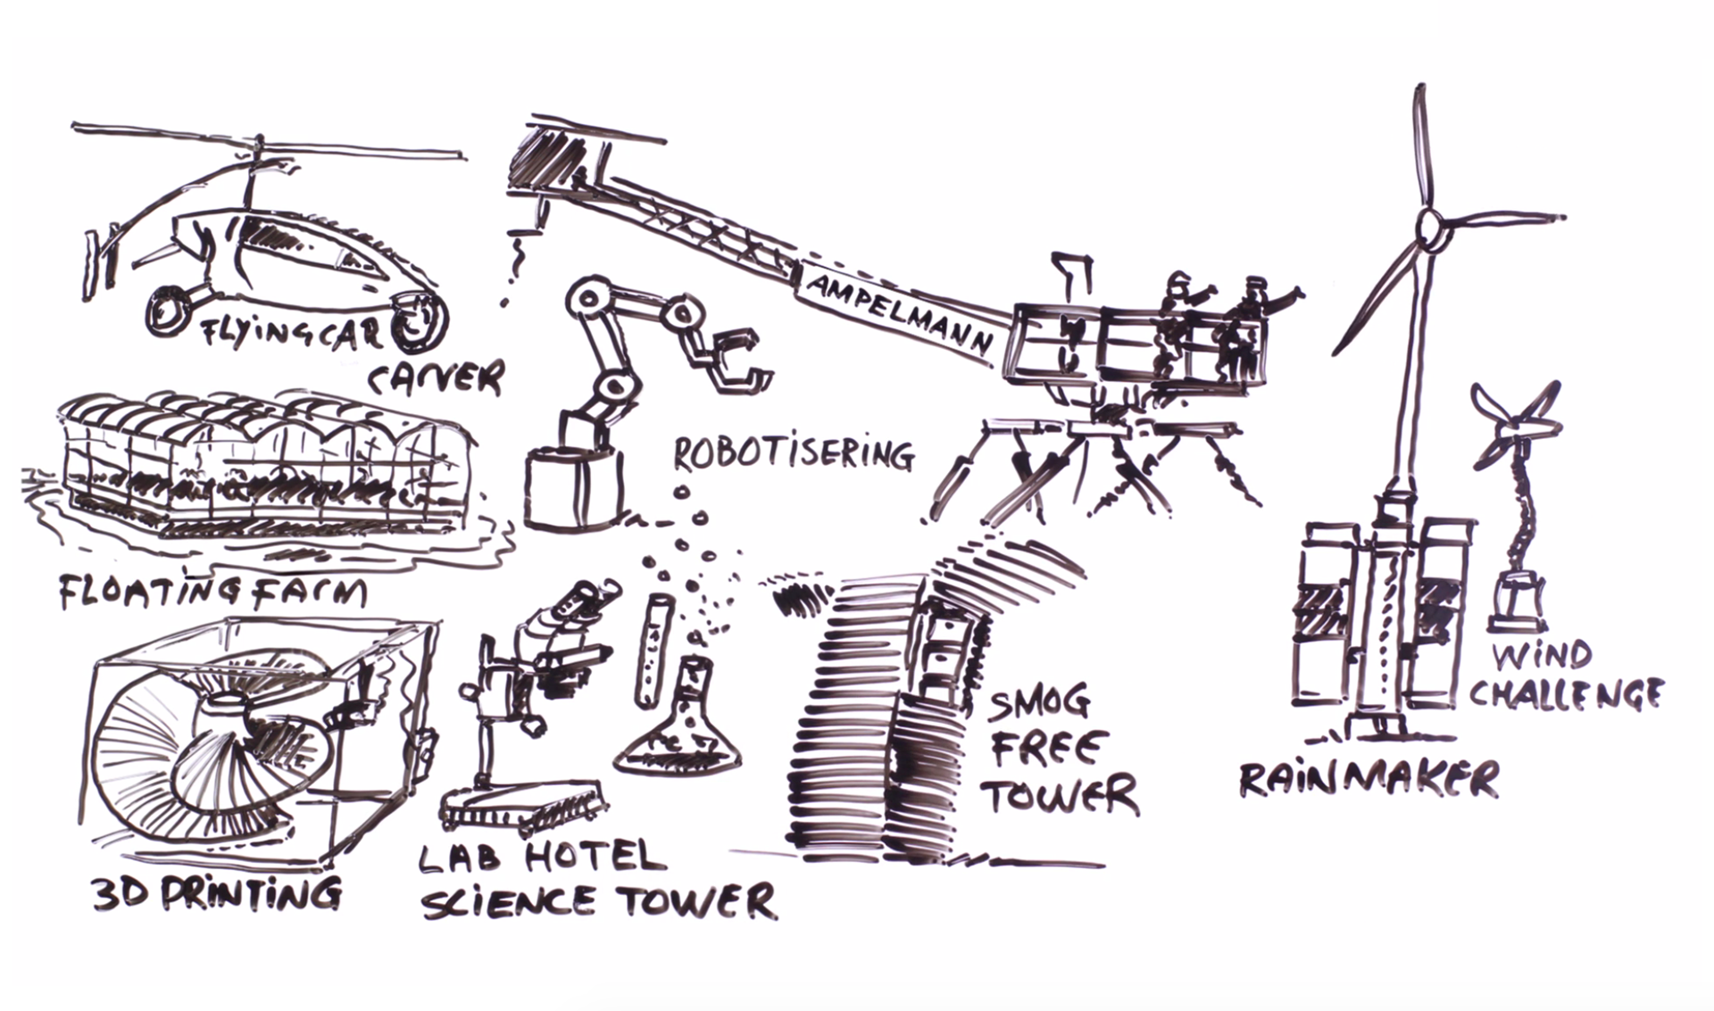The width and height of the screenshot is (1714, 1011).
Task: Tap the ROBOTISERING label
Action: [x=793, y=454]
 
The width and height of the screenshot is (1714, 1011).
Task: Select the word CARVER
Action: [x=437, y=377]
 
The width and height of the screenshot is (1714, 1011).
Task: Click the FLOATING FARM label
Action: [x=212, y=593]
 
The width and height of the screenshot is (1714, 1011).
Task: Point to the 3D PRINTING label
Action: [x=217, y=893]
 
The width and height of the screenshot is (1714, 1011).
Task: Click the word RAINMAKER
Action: [x=1369, y=779]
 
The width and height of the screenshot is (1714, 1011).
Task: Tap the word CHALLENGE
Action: [x=1566, y=693]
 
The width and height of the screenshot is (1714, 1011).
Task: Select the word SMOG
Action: [x=1040, y=702]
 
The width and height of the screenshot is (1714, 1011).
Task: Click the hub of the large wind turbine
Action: [x=1430, y=225]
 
